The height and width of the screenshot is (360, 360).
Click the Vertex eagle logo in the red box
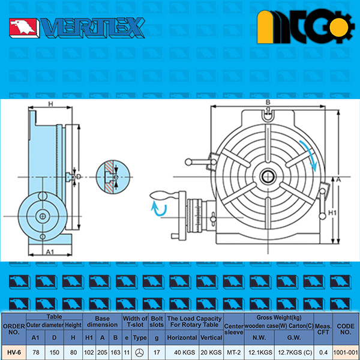pos(23,28)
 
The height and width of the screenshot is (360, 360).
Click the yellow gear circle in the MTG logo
pos(339,28)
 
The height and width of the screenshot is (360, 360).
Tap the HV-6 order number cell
pos(14,352)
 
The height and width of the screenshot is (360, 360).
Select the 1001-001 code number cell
pos(346,352)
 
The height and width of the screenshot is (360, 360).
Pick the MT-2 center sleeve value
pos(234,352)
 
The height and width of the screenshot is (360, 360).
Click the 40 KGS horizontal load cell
pos(182,352)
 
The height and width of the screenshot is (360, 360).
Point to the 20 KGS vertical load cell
pos(211,352)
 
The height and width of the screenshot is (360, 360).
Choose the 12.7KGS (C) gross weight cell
pos(294,352)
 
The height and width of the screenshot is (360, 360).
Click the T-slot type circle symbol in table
pos(139,352)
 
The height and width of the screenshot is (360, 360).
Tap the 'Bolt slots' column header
pos(157,322)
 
